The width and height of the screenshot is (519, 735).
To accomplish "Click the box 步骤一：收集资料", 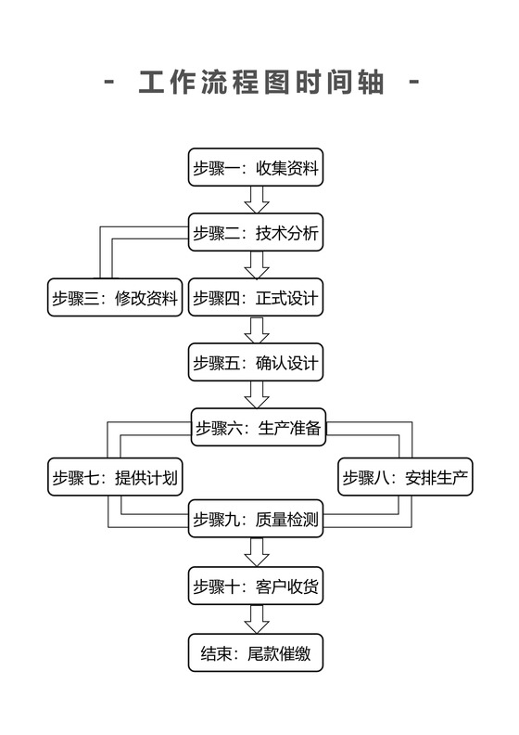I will coord(256,168).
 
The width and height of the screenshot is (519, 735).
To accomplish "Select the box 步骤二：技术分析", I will coord(256,233).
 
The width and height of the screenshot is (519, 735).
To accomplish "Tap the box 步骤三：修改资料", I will coord(115,298).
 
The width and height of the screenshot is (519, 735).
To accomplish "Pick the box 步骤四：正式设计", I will coord(256,298).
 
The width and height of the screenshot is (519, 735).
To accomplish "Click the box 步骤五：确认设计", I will coord(256,363).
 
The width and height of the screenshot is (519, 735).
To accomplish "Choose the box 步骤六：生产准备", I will coord(258,428).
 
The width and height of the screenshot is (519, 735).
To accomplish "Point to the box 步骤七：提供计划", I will coord(115,479).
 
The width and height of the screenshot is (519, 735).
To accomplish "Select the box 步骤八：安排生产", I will coord(406,479).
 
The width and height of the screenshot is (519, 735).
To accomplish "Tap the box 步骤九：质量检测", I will coord(256,521).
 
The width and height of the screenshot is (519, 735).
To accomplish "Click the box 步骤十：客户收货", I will coord(256,586).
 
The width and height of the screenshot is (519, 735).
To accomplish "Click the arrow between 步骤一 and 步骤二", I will coord(257,200).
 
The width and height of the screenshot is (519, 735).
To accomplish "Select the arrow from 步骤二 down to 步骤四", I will coord(257,265).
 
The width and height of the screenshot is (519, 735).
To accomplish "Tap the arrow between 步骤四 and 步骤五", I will coord(257,330).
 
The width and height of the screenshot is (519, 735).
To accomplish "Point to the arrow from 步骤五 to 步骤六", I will coord(257,395).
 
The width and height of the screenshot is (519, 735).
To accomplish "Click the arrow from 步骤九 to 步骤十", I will coord(257,553).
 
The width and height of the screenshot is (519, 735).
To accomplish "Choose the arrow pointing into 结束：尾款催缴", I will coord(257,619).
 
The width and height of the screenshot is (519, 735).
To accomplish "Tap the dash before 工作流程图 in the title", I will coord(110,83).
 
